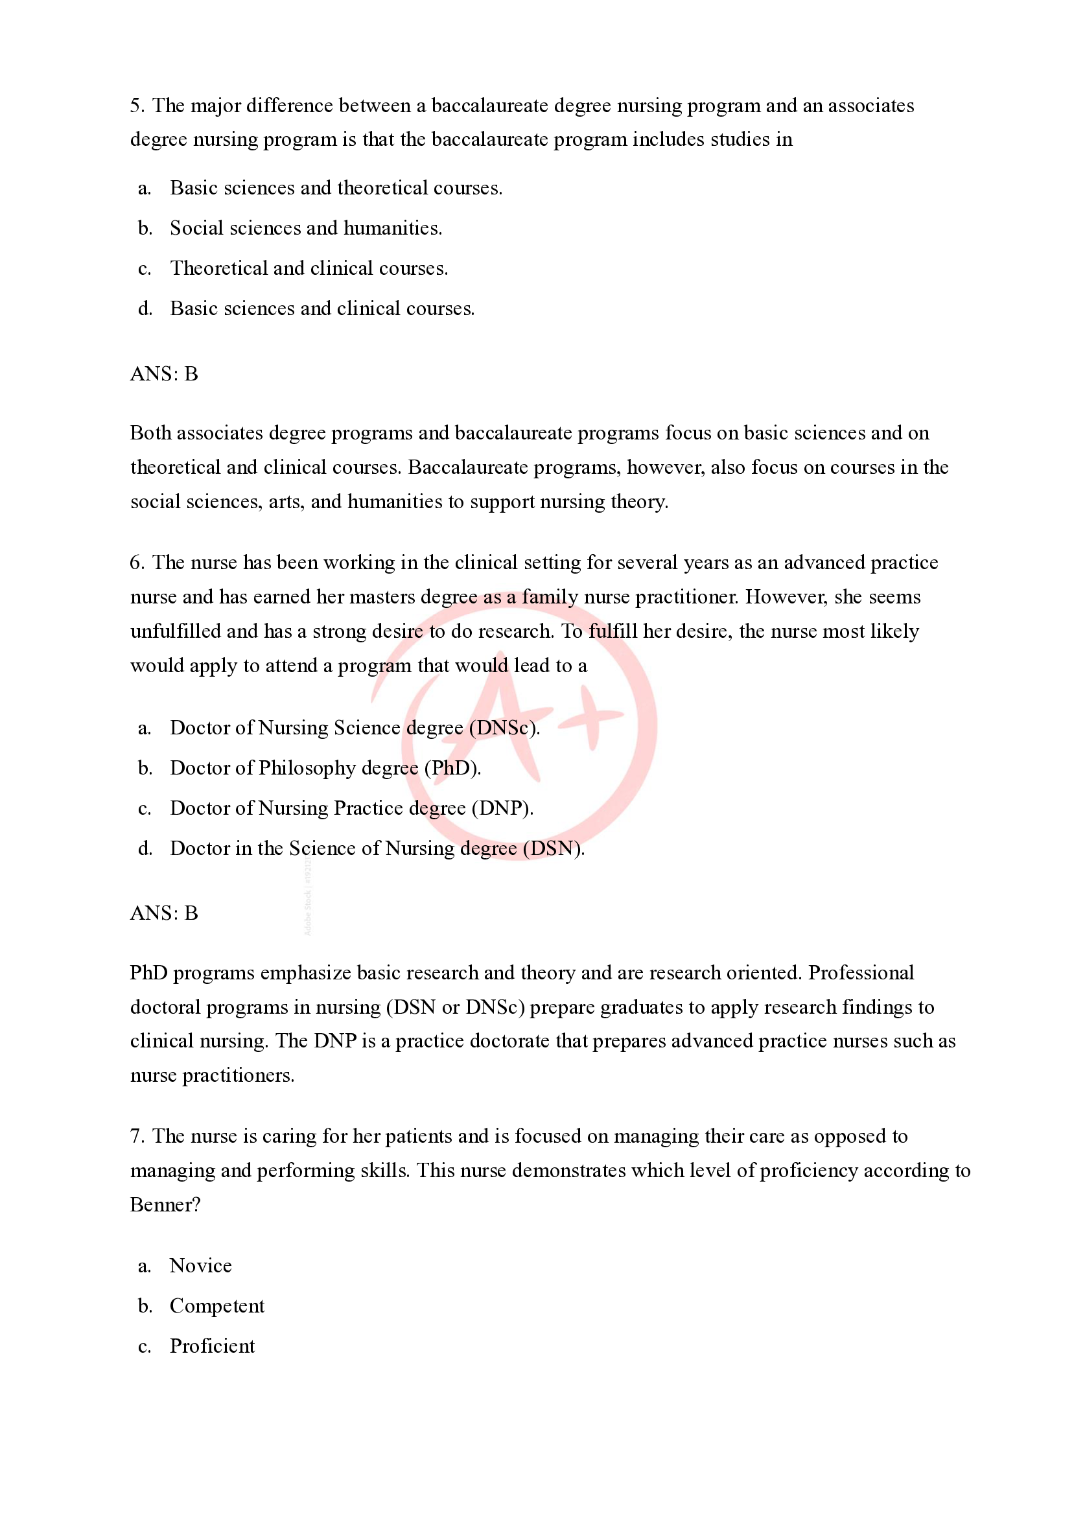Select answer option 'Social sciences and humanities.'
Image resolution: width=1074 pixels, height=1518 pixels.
coord(305,228)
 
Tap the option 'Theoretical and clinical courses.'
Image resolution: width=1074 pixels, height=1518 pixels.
coord(309,268)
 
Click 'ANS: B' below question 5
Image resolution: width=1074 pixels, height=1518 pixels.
coord(164,374)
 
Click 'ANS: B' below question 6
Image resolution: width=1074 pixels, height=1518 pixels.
coord(164,913)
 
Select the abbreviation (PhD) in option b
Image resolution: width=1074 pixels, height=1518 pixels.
coord(452,768)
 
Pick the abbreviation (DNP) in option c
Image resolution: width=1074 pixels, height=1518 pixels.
coord(502,809)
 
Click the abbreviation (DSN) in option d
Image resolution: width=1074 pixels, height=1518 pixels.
coord(553,848)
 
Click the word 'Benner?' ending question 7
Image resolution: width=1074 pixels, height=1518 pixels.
coord(165,1205)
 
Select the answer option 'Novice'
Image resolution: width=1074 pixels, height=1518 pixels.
coord(200,1265)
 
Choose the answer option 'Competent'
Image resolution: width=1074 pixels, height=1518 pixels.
coord(217,1306)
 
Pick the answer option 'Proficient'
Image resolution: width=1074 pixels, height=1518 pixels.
coord(212,1346)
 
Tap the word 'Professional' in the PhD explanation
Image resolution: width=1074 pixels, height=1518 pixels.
coord(860,972)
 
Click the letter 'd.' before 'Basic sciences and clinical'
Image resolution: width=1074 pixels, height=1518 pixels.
coord(145,309)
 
